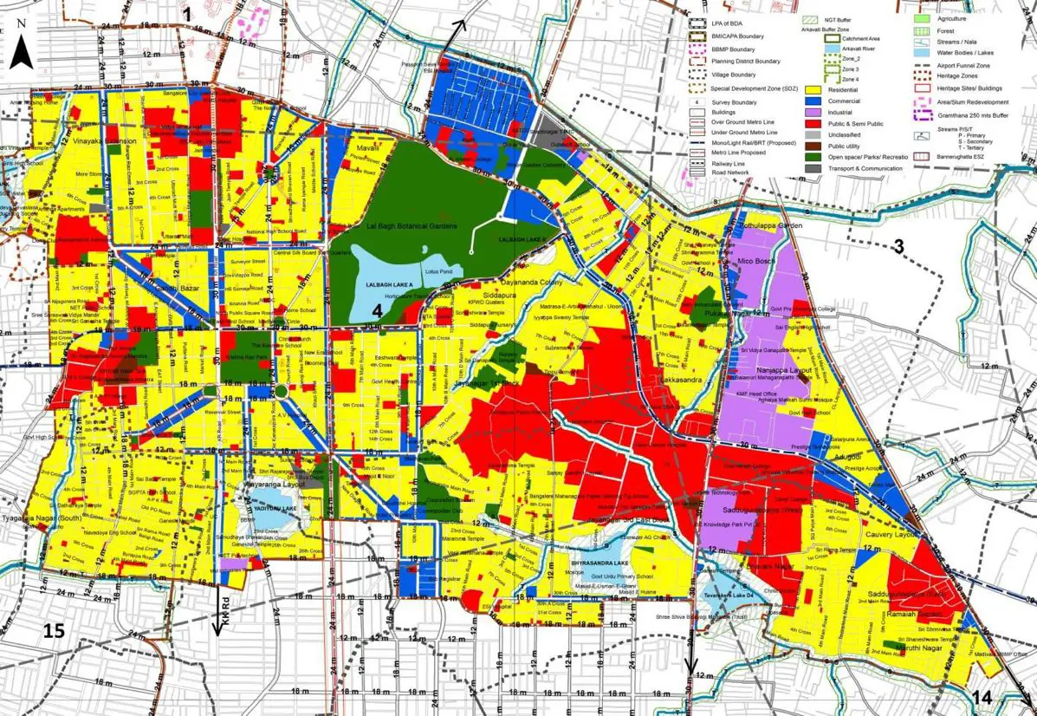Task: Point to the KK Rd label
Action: pyautogui.click(x=223, y=603)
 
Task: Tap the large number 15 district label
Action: pyautogui.click(x=54, y=631)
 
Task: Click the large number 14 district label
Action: pyautogui.click(x=982, y=698)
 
